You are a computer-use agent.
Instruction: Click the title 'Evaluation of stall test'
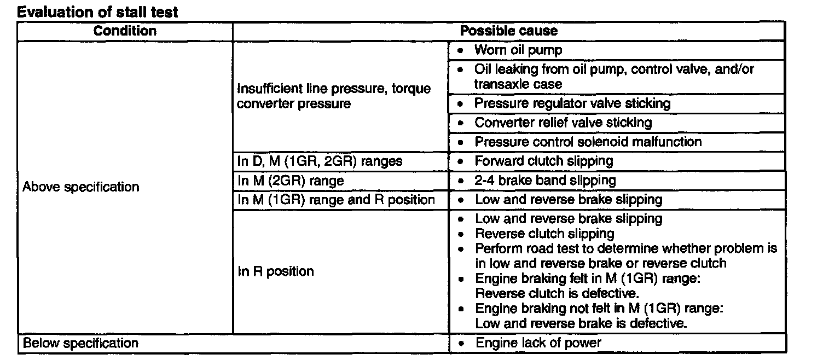[x=98, y=12]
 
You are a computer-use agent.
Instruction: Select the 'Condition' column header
[x=125, y=31]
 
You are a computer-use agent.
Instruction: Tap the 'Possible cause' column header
[x=508, y=31]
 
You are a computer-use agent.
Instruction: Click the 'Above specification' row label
[x=81, y=187]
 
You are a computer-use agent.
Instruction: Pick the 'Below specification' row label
[x=80, y=344]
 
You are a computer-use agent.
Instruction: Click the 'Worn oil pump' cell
[x=518, y=50]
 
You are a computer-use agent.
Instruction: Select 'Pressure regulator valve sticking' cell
[x=572, y=103]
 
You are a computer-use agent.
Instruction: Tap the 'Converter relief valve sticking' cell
[x=563, y=123]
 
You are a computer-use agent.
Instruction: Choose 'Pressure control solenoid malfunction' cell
[x=588, y=142]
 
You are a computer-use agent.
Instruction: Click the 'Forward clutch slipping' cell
[x=544, y=161]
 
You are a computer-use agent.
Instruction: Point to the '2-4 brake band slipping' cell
[x=545, y=180]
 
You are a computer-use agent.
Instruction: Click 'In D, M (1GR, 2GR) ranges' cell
[x=321, y=161]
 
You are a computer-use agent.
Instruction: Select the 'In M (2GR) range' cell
[x=291, y=180]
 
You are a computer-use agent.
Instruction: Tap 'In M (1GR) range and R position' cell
[x=337, y=199]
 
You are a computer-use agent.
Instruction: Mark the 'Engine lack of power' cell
[x=538, y=343]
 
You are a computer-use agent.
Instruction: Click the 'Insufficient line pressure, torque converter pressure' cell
[x=334, y=96]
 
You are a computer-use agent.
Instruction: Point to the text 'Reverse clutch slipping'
[x=544, y=234]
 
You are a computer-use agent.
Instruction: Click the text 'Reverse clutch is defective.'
[x=549, y=293]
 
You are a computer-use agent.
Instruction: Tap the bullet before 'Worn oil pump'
[x=462, y=50]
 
